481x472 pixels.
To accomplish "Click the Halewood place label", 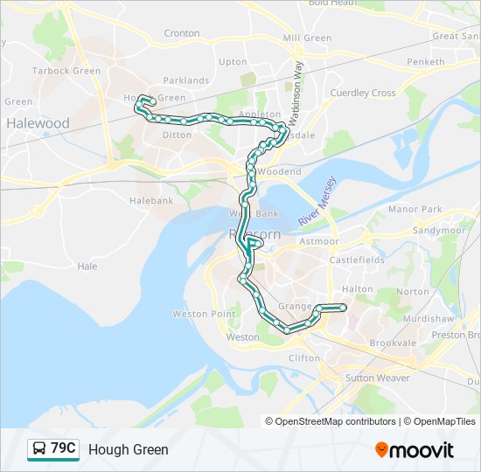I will click(x=38, y=123).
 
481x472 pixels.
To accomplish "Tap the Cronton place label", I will click(x=182, y=33).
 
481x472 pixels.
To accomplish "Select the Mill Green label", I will click(x=307, y=38).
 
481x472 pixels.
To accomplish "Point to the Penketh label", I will click(x=425, y=62).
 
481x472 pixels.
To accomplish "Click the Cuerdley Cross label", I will click(x=362, y=93).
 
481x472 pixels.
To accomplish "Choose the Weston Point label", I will click(x=204, y=314).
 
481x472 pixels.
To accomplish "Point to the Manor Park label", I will click(x=415, y=210).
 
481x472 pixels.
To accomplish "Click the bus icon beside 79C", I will click(x=39, y=449).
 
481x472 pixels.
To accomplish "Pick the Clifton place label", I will click(x=304, y=358).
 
